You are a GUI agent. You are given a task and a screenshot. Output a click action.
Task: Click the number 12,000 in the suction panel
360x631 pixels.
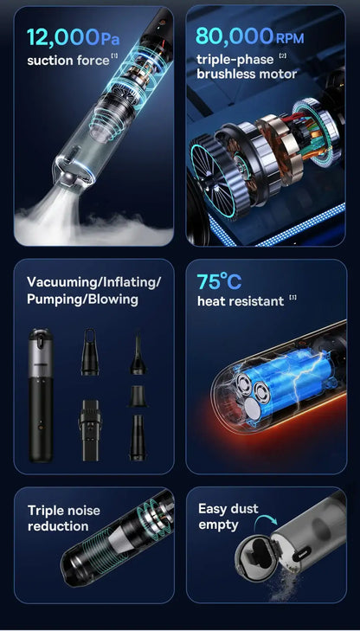coord(62,37)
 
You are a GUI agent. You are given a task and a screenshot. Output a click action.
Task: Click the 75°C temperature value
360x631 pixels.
coord(219,281)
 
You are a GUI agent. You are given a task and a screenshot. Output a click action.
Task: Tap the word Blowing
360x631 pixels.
coord(109,299)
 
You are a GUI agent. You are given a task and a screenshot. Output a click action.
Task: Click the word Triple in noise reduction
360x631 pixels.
coord(45,511)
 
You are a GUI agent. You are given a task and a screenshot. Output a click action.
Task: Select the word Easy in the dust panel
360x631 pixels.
coord(213,509)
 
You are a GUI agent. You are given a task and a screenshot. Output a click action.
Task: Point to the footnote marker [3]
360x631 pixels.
coord(293,298)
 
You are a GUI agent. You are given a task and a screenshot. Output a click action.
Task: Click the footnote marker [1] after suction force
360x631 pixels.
coord(115,57)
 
